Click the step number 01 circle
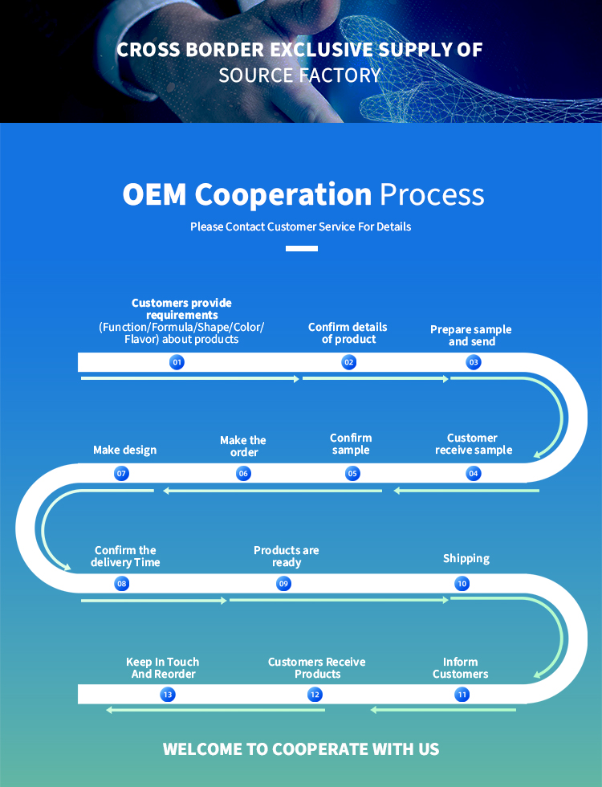tap(177, 362)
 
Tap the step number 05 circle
tap(352, 474)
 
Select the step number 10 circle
tap(462, 584)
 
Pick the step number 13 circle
tap(168, 695)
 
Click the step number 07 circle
tap(122, 474)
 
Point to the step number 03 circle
tap(474, 362)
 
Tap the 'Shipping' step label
tap(466, 558)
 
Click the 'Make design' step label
tap(124, 450)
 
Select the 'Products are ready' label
tap(287, 557)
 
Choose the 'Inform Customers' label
tap(461, 668)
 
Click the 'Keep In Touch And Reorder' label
tap(163, 668)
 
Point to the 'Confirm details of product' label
tap(348, 333)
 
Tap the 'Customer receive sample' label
tap(474, 444)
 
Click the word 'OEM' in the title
tap(154, 195)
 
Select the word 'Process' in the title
tap(432, 195)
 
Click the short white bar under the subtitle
tap(302, 248)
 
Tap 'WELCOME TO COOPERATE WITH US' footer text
tap(301, 749)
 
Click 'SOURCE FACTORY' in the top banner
tap(300, 75)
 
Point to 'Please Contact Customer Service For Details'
tap(301, 226)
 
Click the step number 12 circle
tap(315, 695)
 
